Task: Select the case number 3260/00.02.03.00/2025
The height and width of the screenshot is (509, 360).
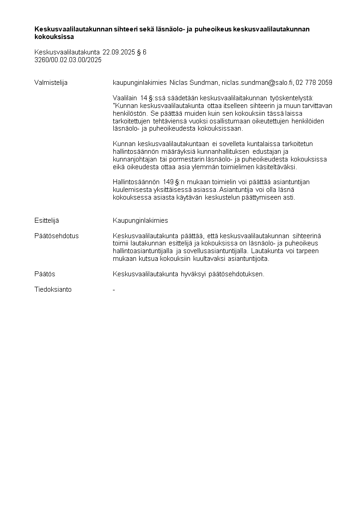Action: pos(68,59)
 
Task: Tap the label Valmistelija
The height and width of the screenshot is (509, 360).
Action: pos(51,83)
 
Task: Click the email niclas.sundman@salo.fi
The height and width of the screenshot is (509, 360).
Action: pos(257,83)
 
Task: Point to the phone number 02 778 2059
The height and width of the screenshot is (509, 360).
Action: pos(314,83)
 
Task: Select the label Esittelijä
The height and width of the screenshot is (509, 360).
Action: pos(47,220)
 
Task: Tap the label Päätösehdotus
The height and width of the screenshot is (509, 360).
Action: pos(57,236)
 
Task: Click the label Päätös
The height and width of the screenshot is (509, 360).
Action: pos(45,274)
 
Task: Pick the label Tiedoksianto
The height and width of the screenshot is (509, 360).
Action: pos(53,289)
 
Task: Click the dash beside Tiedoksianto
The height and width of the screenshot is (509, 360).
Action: pos(114,289)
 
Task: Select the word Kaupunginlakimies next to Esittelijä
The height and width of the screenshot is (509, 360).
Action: pos(141,220)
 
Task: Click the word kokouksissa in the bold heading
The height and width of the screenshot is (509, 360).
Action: pos(54,37)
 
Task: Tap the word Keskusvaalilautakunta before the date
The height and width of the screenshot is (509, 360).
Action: pos(67,52)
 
